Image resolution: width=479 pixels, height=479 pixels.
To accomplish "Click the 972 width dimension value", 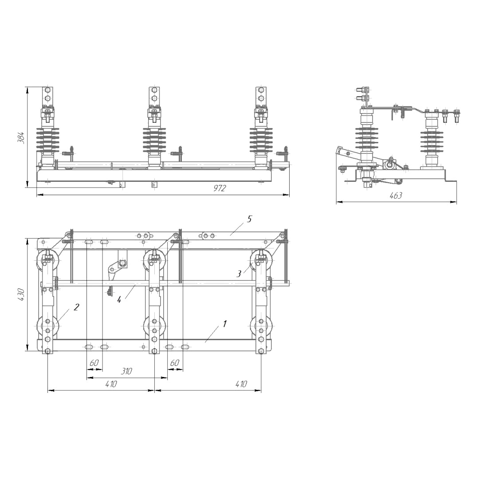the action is (x=220, y=188).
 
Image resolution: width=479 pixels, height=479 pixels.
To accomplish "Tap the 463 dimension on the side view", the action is (x=396, y=195).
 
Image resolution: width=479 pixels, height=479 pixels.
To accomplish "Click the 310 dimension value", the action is (x=126, y=371).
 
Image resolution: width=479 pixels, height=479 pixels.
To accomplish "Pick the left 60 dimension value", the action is (x=94, y=363).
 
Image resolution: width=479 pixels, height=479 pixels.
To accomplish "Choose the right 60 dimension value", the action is (x=174, y=363).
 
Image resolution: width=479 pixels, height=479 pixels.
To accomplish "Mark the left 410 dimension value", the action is (x=111, y=384).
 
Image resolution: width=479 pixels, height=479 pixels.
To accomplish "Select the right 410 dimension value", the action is (x=241, y=384).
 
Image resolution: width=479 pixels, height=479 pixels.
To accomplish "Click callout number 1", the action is (x=225, y=323).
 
